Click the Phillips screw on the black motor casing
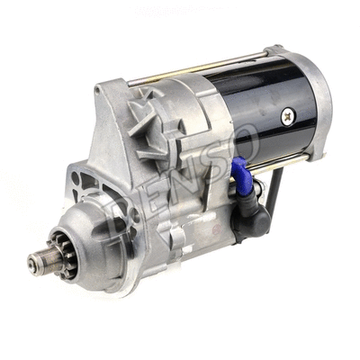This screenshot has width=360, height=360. pyautogui.click(x=289, y=115)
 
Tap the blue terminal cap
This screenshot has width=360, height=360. pyautogui.click(x=240, y=175)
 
